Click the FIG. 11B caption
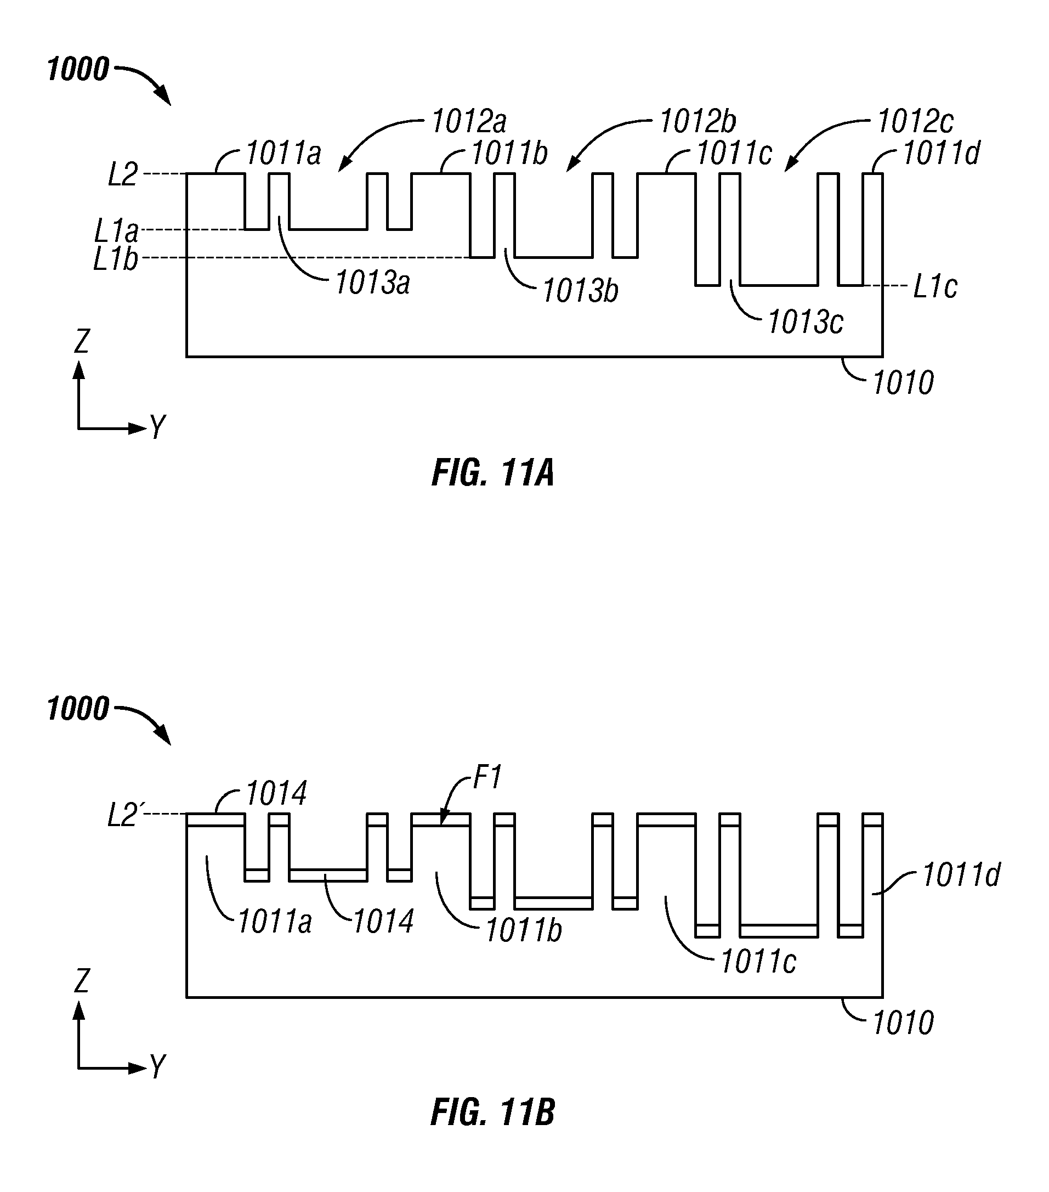point(493,1112)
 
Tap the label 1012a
point(469,122)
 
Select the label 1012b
point(698,122)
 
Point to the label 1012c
point(915,122)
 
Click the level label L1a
point(117,231)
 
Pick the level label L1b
point(116,258)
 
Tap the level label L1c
point(935,286)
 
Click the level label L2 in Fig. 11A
point(123,174)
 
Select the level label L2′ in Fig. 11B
point(124,816)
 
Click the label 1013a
point(372,283)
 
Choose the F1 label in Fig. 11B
point(487,777)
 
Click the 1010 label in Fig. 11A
point(903,383)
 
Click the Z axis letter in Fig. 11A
point(82,341)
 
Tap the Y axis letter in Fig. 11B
point(157,1066)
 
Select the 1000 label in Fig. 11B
point(77,709)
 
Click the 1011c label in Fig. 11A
point(734,154)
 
